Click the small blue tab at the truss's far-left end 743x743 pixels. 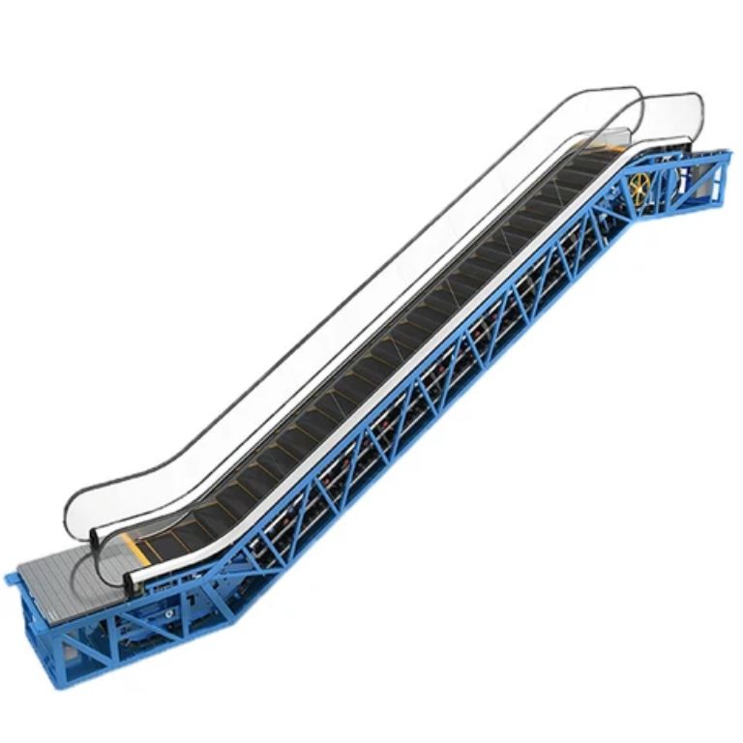click(11, 580)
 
